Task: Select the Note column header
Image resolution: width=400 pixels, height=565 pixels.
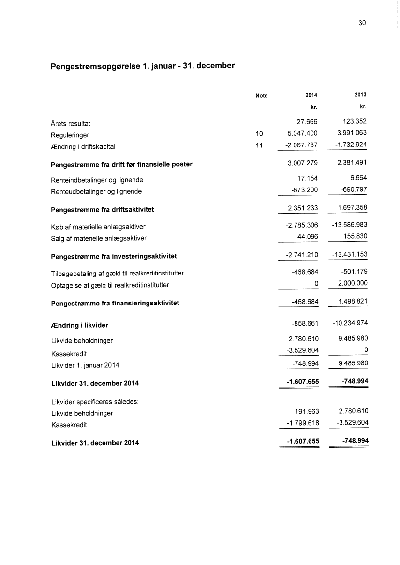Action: pos(261,96)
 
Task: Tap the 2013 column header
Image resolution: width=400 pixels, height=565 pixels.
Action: pos(360,96)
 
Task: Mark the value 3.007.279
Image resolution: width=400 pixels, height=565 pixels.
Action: pos(302,164)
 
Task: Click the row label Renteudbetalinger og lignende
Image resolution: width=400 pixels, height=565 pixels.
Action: pos(96,191)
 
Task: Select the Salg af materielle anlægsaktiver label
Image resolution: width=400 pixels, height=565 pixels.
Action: pos(99,238)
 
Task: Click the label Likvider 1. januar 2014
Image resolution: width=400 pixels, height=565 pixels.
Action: pos(85,365)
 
